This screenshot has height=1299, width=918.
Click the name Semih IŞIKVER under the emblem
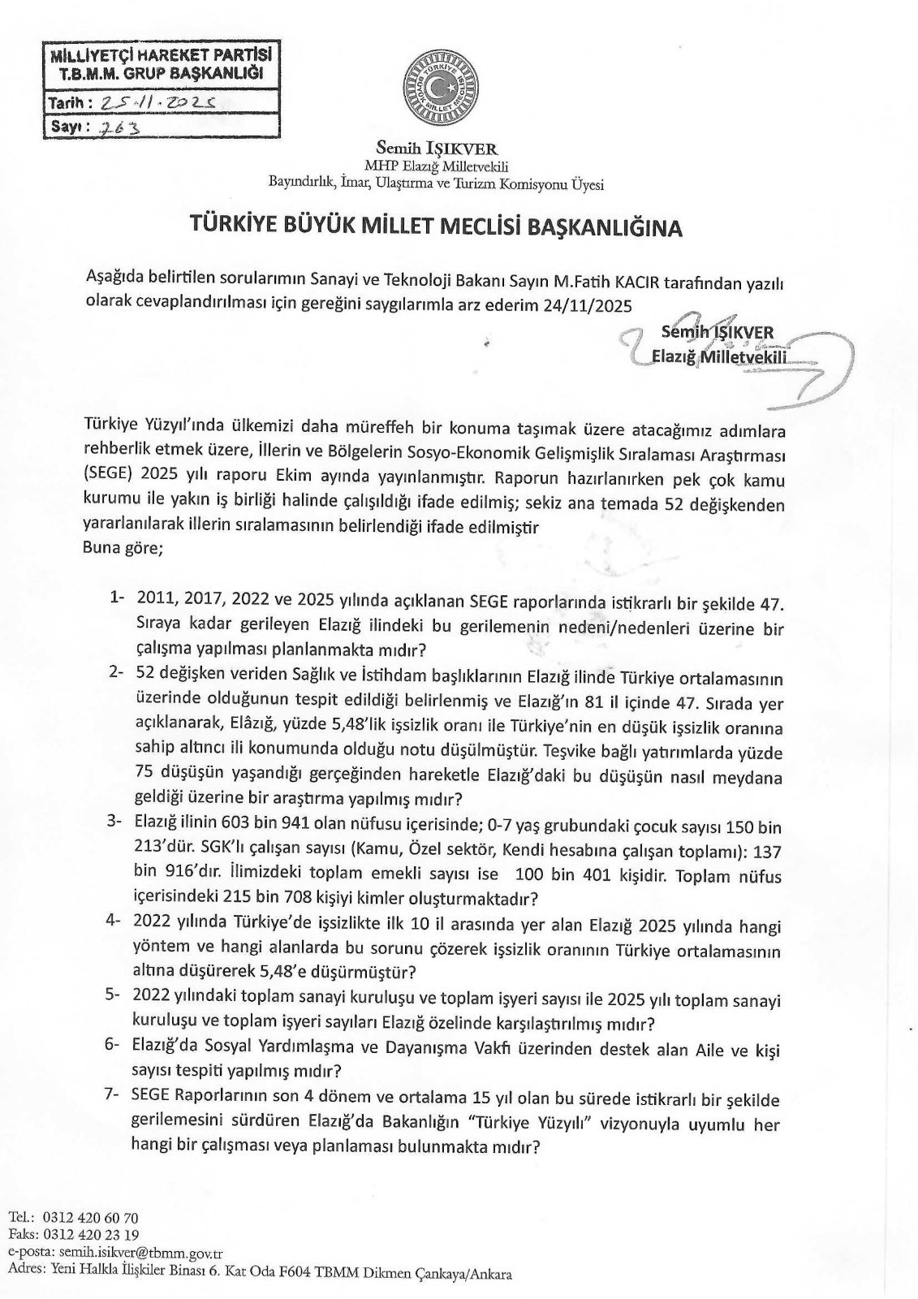[437, 149]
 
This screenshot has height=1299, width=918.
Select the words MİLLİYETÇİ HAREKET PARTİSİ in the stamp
[160, 57]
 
